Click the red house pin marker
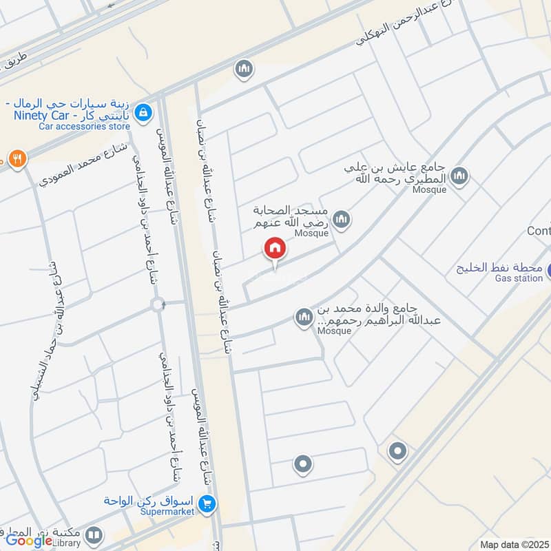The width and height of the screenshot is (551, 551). click(x=274, y=249)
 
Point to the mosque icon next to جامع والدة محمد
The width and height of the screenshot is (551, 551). click(x=303, y=318)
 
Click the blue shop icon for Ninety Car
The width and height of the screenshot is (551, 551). click(x=143, y=112)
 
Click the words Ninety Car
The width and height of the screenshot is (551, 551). click(x=43, y=115)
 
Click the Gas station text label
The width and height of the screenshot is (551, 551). click(x=519, y=278)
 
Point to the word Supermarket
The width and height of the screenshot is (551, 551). click(x=166, y=512)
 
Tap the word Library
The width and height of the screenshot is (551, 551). click(x=70, y=543)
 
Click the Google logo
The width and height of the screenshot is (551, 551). click(x=29, y=540)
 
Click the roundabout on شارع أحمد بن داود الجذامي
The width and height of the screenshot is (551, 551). click(x=159, y=304)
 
